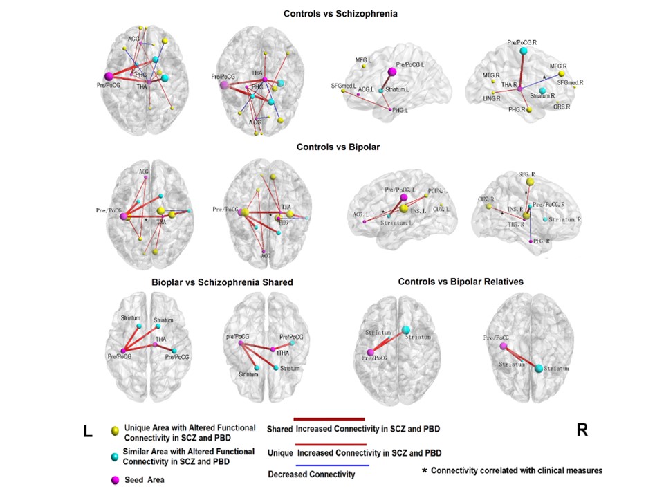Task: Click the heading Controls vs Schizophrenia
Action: tap(335, 12)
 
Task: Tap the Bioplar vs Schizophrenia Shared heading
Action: tap(222, 282)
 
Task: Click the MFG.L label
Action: tap(364, 60)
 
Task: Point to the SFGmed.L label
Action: tap(343, 86)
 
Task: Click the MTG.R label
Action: tap(492, 75)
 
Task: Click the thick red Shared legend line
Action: tap(330, 418)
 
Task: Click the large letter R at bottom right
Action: tap(582, 430)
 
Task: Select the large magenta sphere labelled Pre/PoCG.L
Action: tap(392, 71)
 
